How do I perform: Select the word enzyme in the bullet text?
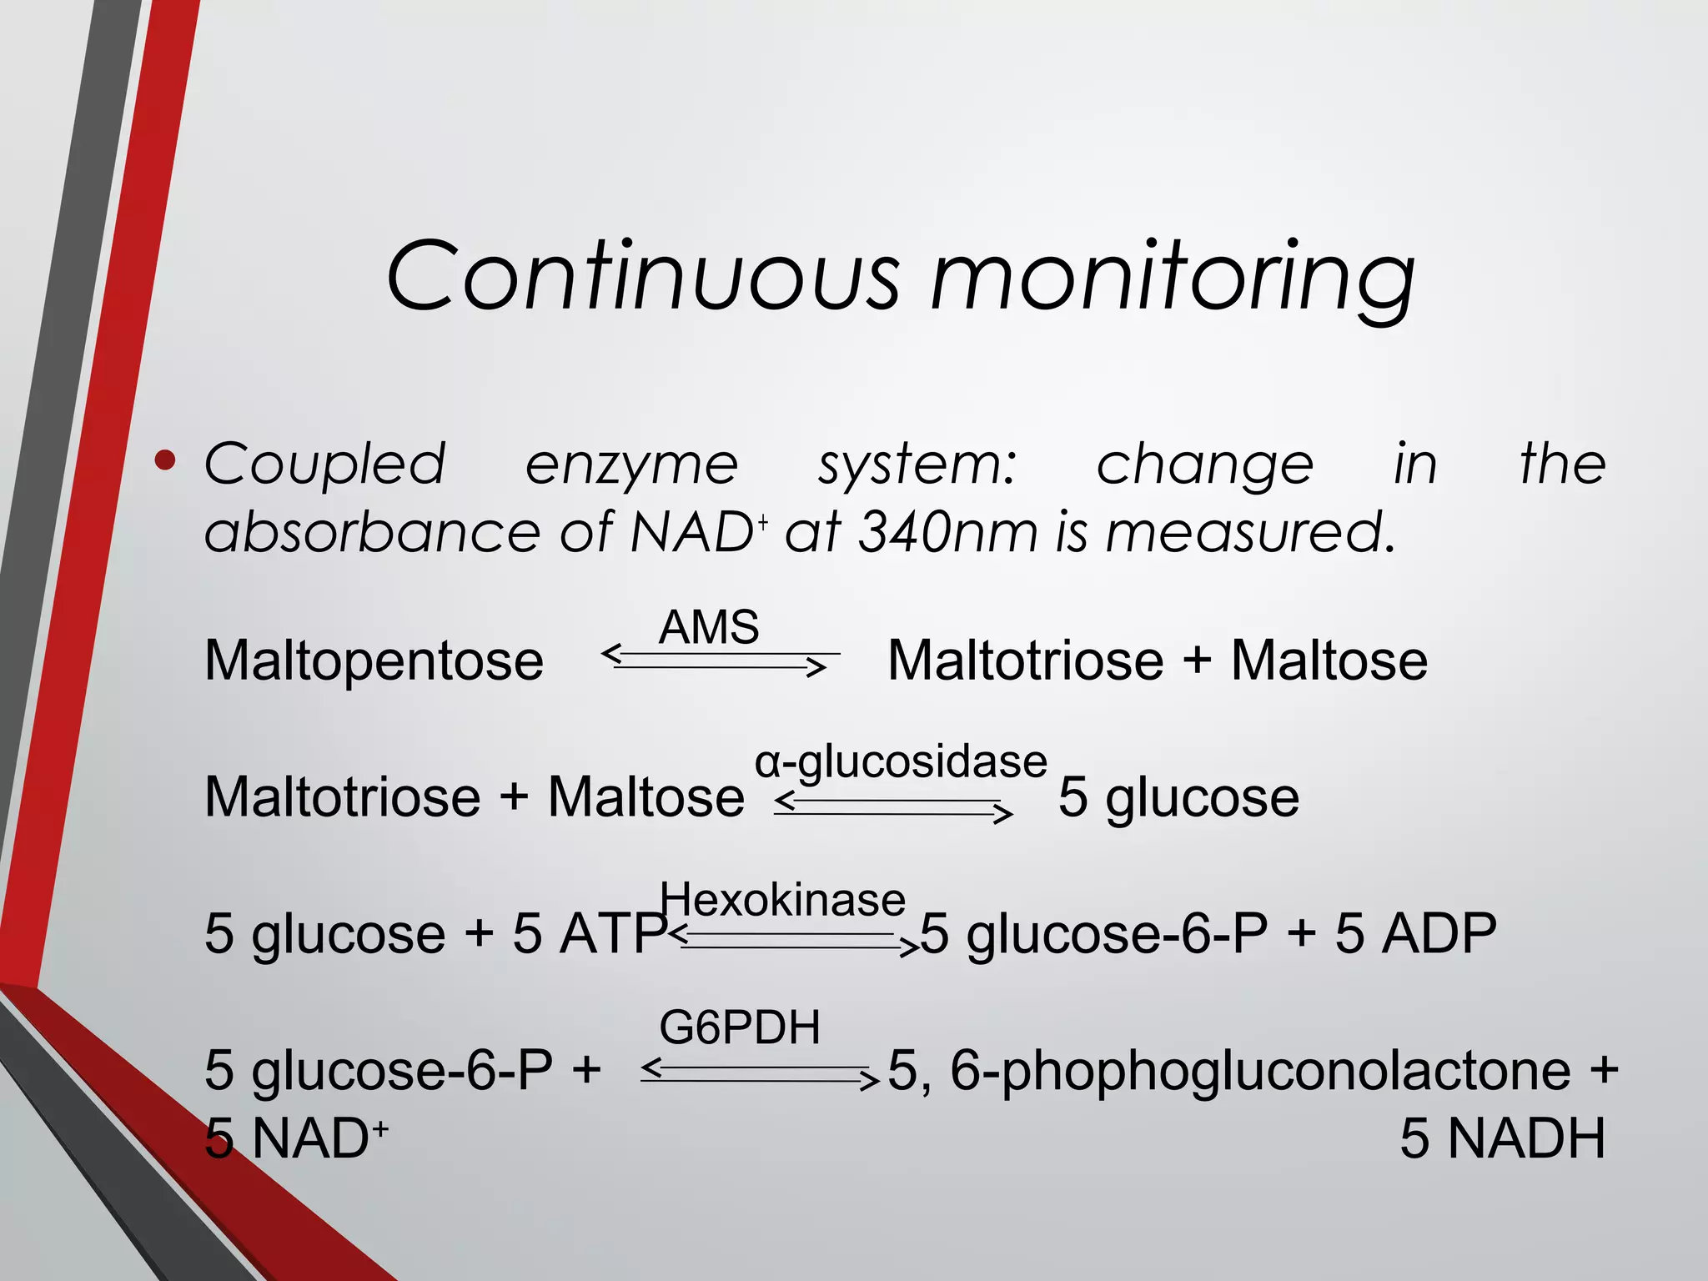point(631,465)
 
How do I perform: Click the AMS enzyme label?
point(709,627)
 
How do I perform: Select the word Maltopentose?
point(374,661)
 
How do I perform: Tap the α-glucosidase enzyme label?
point(901,761)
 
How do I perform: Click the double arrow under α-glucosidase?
point(892,806)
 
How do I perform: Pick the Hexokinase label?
point(782,900)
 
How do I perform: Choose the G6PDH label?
point(740,1027)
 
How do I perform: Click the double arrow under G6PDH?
point(759,1074)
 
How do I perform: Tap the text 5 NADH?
point(1502,1138)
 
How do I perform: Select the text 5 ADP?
point(1415,933)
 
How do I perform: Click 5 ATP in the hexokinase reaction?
point(589,933)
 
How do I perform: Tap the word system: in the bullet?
point(917,465)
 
